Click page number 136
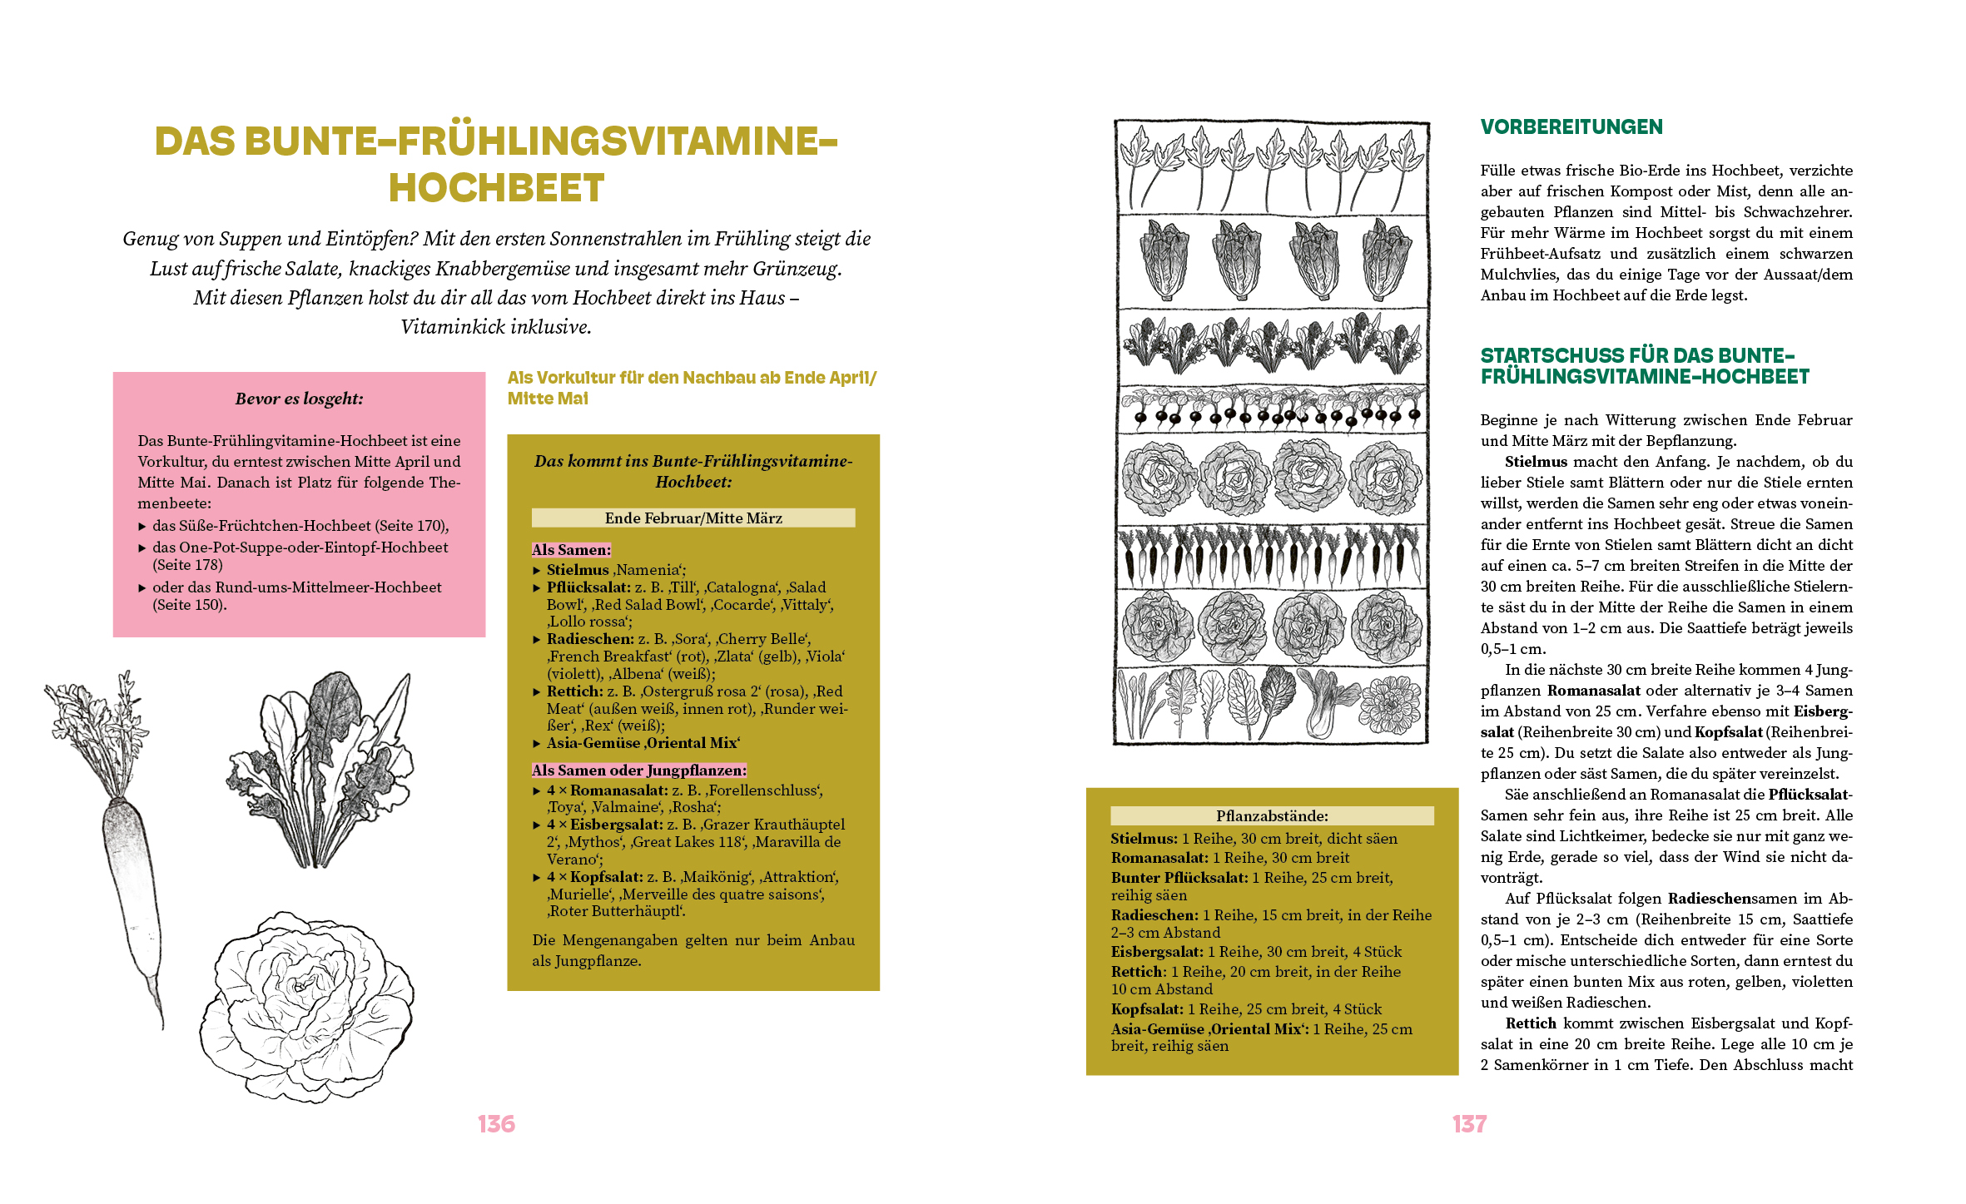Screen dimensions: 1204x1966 click(x=496, y=1124)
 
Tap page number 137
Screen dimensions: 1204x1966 click(x=1469, y=1124)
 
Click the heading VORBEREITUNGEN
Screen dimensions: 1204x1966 click(x=1571, y=127)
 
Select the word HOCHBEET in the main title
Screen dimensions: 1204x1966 click(x=496, y=188)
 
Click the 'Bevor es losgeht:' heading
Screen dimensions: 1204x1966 click(x=299, y=399)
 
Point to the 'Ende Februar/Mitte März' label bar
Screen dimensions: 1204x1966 click(x=693, y=518)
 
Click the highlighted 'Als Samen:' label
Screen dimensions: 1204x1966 click(x=571, y=550)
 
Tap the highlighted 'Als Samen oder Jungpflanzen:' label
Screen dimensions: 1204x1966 click(x=638, y=770)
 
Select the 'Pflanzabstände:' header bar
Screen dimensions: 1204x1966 click(x=1272, y=815)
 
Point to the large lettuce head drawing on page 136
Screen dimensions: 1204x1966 click(x=308, y=1007)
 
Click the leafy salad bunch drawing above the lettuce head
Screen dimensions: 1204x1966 click(x=320, y=770)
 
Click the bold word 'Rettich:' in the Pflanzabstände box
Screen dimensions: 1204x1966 click(x=1138, y=972)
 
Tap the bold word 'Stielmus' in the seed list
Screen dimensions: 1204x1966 click(x=578, y=570)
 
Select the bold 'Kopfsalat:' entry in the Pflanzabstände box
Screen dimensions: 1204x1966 click(x=1147, y=1009)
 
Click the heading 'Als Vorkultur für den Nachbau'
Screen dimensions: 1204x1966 click(x=691, y=379)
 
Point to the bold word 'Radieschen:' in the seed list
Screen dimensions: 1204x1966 click(x=590, y=639)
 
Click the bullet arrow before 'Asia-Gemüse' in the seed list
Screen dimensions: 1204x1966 click(x=537, y=744)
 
